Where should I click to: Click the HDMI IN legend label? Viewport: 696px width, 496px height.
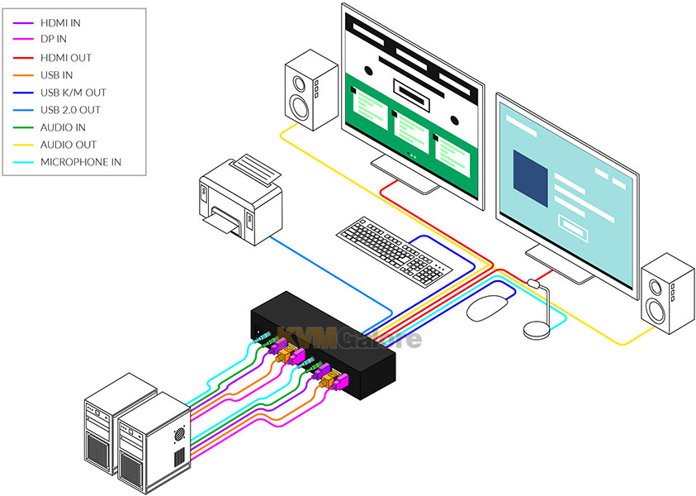pyautogui.click(x=60, y=22)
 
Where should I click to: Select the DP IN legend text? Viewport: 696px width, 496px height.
pyautogui.click(x=54, y=39)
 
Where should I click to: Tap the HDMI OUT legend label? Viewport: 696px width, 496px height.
pyautogui.click(x=66, y=58)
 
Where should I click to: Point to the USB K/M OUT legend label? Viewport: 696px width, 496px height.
pyautogui.click(x=73, y=93)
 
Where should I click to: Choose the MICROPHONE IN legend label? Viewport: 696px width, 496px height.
pyautogui.click(x=81, y=162)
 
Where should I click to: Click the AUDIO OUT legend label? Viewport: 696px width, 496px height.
pyautogui.click(x=69, y=145)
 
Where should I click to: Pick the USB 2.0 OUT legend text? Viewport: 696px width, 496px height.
pyautogui.click(x=70, y=110)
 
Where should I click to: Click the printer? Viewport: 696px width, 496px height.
pyautogui.click(x=241, y=200)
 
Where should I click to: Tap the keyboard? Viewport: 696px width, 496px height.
pyautogui.click(x=394, y=250)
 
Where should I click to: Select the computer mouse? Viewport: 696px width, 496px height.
pyautogui.click(x=487, y=308)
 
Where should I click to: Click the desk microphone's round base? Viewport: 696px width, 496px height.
pyautogui.click(x=537, y=330)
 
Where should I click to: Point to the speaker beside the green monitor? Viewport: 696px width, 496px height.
pyautogui.click(x=311, y=90)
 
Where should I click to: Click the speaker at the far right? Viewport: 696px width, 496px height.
pyautogui.click(x=667, y=293)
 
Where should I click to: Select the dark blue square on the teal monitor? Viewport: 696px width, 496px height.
pyautogui.click(x=530, y=179)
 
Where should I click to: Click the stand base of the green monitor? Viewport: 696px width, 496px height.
pyautogui.click(x=405, y=175)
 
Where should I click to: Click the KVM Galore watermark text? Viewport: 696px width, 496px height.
pyautogui.click(x=349, y=338)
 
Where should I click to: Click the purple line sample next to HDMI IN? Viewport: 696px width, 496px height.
pyautogui.click(x=23, y=22)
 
